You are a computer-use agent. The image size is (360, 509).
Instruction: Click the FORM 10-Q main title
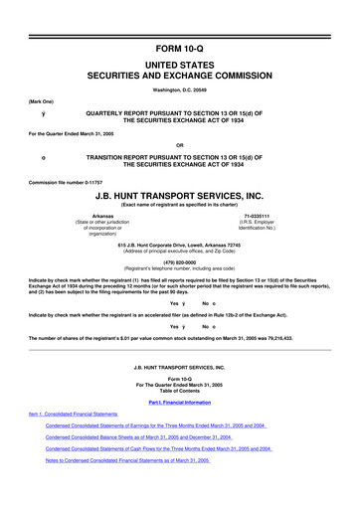179,20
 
